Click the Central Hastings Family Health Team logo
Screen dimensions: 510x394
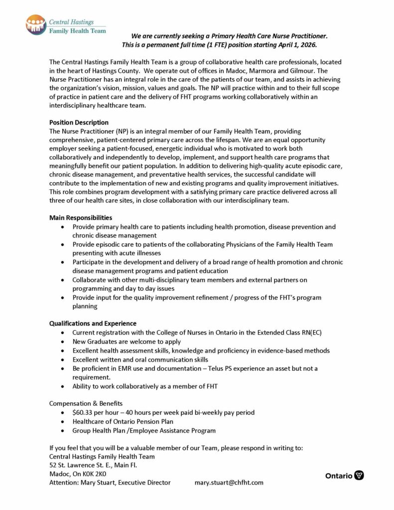point(66,25)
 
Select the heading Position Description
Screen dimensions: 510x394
point(79,123)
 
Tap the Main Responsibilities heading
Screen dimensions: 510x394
point(81,218)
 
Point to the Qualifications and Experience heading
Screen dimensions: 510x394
point(93,323)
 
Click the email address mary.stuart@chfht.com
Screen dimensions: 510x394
point(229,482)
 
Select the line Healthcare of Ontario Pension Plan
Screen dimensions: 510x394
point(123,421)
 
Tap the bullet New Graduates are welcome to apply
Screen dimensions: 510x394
point(127,342)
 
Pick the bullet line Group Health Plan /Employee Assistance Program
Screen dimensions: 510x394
point(144,430)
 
